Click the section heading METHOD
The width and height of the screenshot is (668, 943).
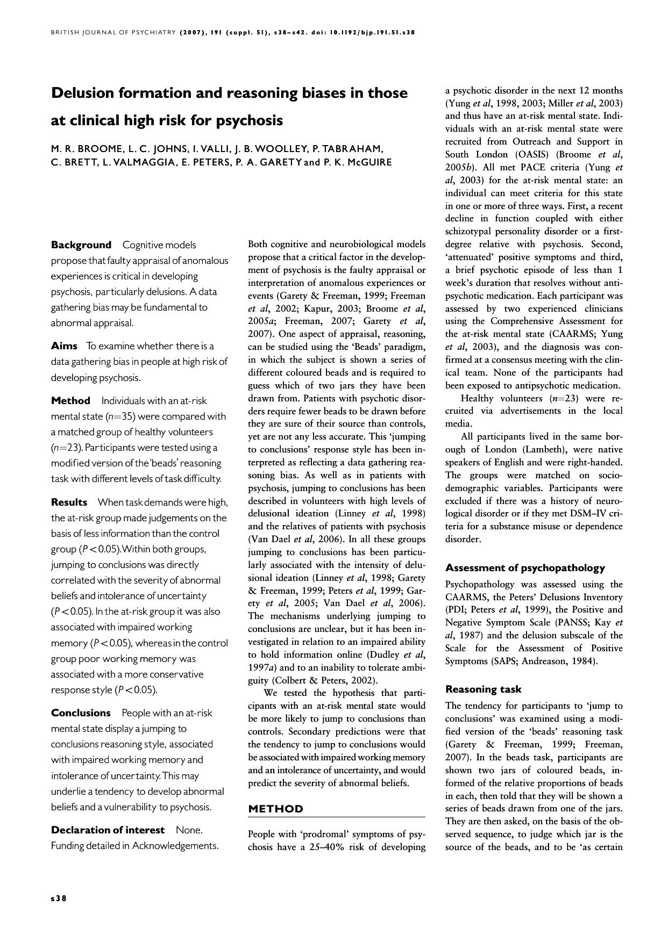[275, 809]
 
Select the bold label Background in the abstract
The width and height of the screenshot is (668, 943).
[81, 245]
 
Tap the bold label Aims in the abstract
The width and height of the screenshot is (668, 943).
[64, 345]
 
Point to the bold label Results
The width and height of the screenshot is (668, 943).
[69, 502]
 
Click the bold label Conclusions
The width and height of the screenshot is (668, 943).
[81, 713]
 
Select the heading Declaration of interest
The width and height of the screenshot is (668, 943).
[108, 830]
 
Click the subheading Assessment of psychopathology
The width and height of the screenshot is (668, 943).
[525, 568]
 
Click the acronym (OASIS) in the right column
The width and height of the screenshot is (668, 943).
[529, 155]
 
